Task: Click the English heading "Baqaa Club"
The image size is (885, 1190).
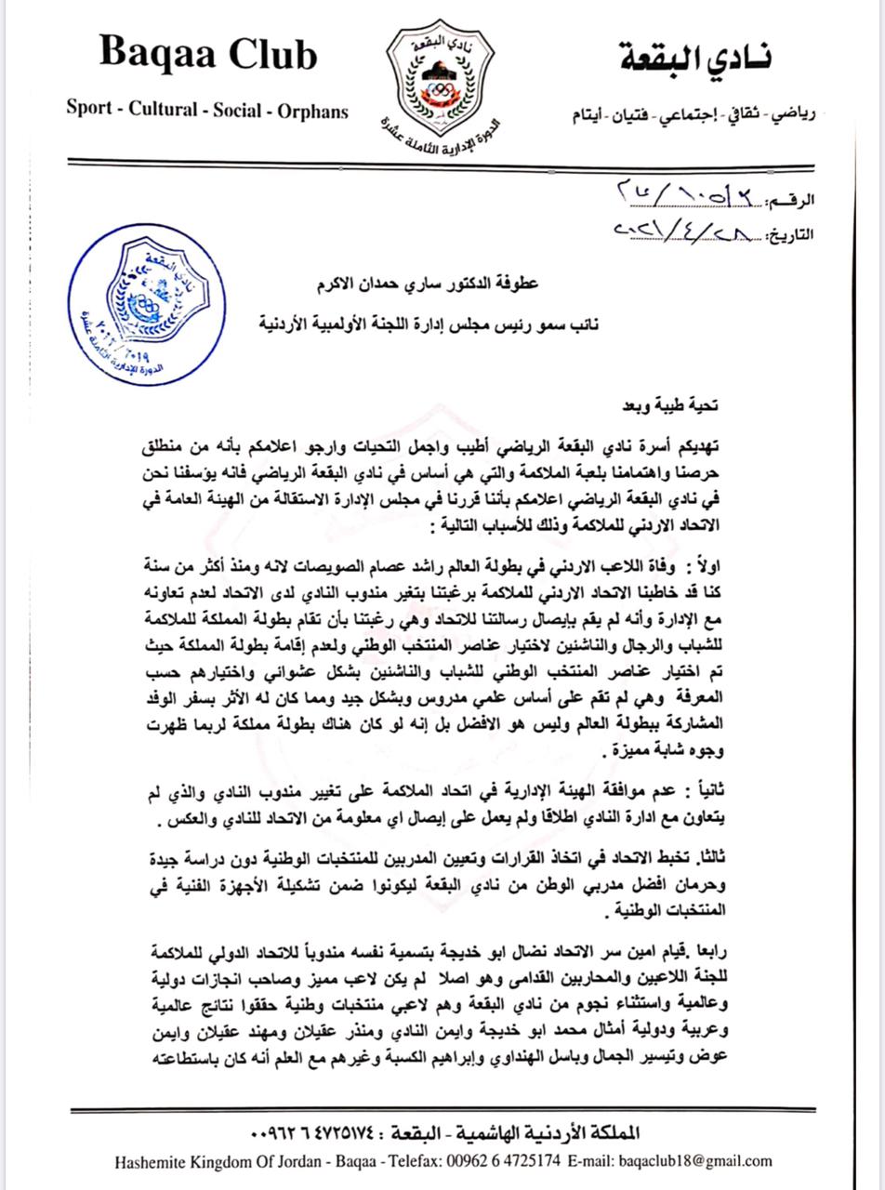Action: (x=208, y=56)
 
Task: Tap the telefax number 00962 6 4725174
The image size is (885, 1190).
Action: (x=507, y=1160)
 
